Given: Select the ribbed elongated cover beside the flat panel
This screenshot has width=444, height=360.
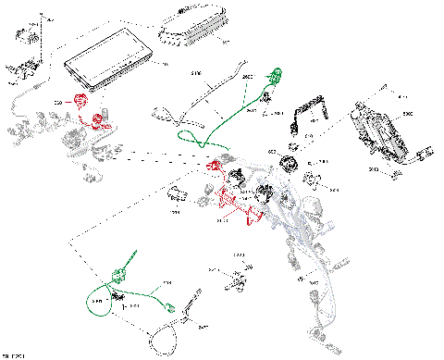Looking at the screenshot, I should click(x=195, y=29).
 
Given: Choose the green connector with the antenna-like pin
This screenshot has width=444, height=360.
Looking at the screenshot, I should click(x=121, y=269).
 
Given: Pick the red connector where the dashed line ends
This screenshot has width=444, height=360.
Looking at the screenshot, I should click(x=215, y=166).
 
